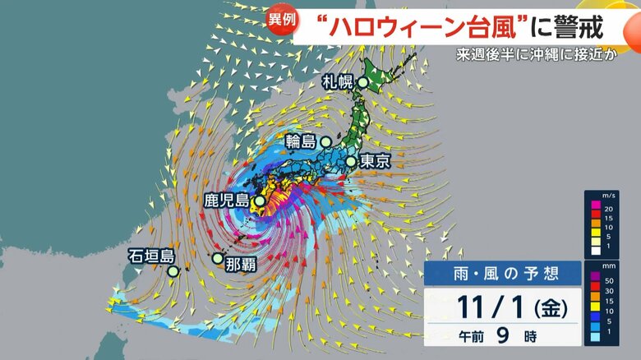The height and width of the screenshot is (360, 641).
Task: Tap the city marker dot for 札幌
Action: (x=362, y=82)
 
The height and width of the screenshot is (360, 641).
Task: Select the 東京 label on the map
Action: (x=375, y=162)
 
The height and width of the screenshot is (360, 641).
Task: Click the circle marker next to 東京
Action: (x=350, y=162)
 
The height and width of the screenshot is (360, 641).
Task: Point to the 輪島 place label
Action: (x=302, y=141)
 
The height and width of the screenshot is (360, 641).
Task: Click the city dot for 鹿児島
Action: (x=259, y=201)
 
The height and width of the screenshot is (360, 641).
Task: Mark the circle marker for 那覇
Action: (x=217, y=259)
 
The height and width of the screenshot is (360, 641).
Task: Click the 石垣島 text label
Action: (x=152, y=255)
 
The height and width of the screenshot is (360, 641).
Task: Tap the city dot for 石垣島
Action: (x=173, y=270)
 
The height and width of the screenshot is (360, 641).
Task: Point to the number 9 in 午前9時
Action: (x=500, y=336)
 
